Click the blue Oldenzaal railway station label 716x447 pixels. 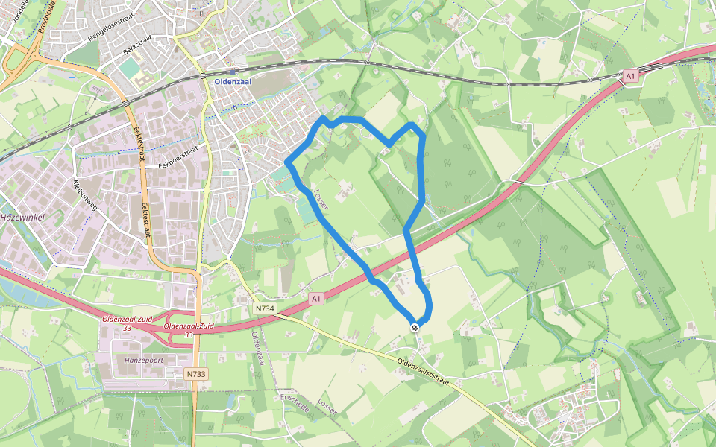236,81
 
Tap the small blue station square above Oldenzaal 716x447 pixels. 236,71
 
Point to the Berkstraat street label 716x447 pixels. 138,54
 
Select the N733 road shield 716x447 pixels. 195,374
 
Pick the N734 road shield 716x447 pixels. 265,308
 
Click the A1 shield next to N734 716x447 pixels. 315,299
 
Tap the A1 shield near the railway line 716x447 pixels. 630,76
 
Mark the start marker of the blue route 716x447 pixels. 414,327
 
